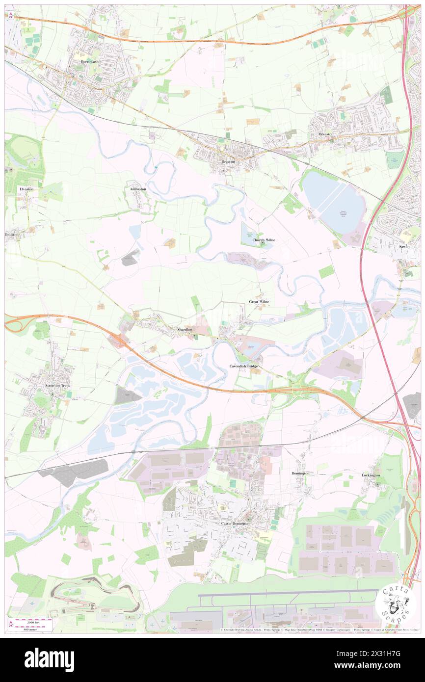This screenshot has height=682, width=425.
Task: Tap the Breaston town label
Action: coord(326,133)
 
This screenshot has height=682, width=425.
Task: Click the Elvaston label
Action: coord(27,189)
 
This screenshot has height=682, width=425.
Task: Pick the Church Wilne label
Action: coord(264,240)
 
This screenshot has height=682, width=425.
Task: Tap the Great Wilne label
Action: coord(259,301)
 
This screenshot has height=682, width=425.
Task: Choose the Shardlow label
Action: coord(187,329)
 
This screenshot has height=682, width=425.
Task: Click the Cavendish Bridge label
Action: coord(243,367)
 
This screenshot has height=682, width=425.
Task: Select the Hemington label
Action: coord(300,473)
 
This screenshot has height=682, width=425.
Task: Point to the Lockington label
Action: coord(371,475)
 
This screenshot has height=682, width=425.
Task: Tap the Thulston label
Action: coord(11,235)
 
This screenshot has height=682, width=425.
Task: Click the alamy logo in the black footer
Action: coord(49,659)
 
